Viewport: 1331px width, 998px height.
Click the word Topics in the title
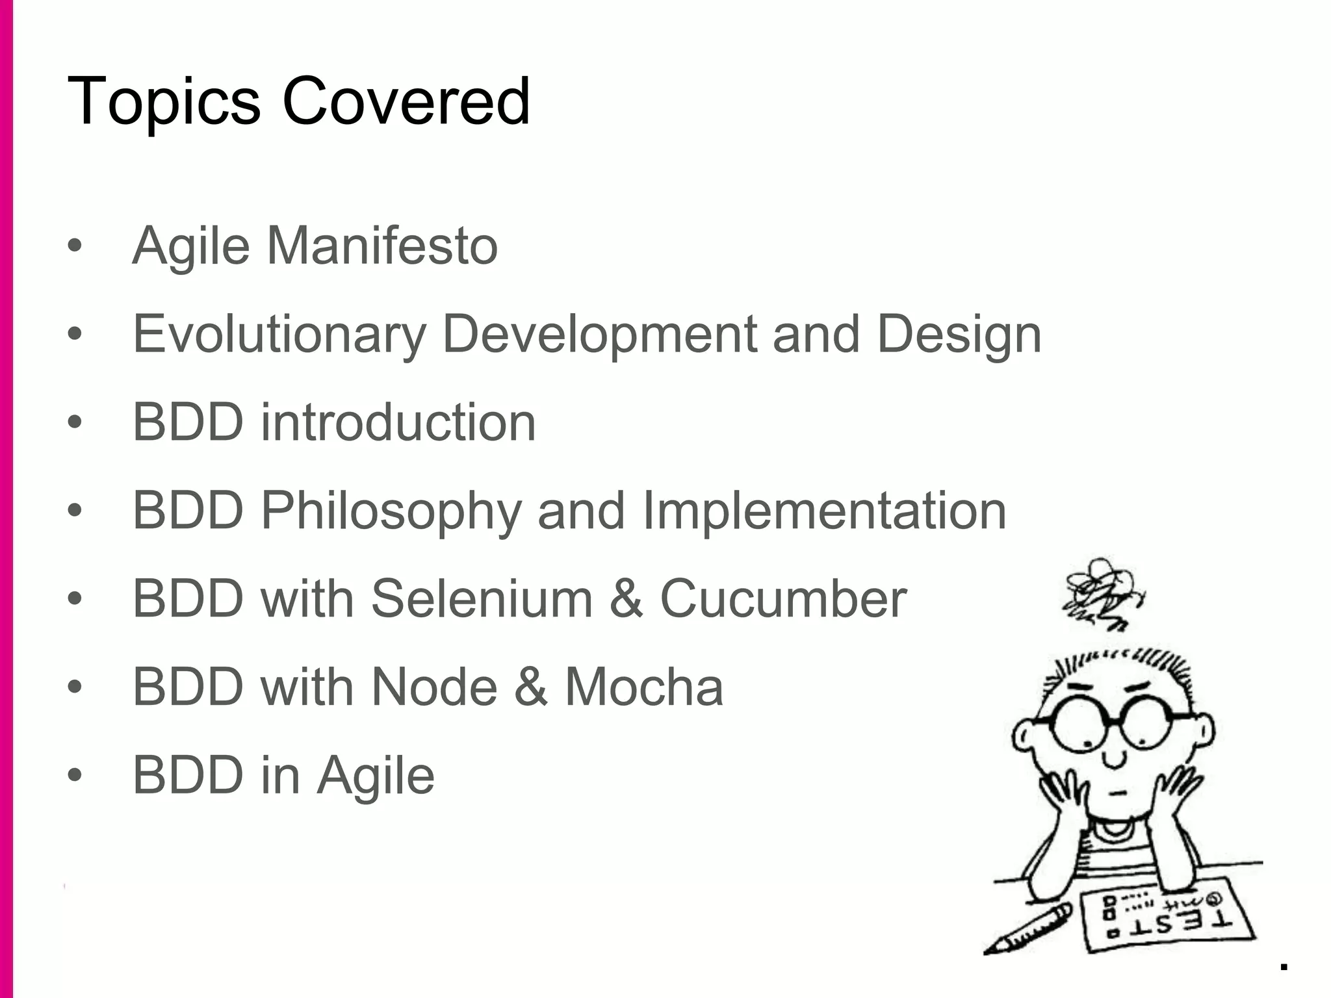click(x=163, y=102)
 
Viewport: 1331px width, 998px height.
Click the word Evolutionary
click(x=279, y=334)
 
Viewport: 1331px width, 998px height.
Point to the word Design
click(x=959, y=334)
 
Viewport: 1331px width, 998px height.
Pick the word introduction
click(x=398, y=422)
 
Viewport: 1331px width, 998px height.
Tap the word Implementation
click(x=825, y=511)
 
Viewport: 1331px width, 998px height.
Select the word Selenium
click(x=482, y=598)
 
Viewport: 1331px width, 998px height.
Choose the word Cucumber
click(x=782, y=598)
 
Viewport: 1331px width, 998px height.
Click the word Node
click(x=433, y=687)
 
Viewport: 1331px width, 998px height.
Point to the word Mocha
click(x=643, y=687)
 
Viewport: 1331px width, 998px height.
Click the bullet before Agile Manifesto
click(x=75, y=246)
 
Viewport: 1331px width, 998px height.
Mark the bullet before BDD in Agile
click(x=75, y=775)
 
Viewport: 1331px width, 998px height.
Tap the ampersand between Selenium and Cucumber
click(x=626, y=598)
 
